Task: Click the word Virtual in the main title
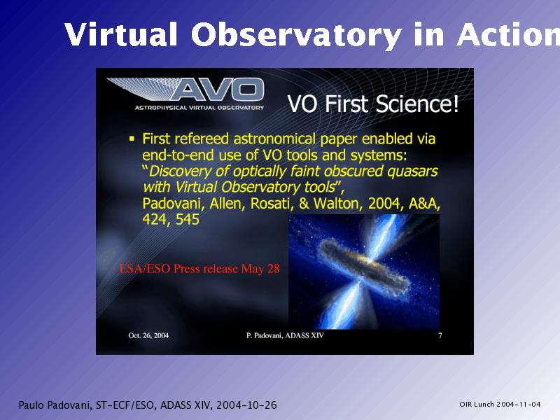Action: (121, 34)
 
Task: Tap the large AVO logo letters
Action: (218, 90)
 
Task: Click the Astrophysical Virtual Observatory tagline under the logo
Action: (199, 108)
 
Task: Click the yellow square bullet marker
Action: (132, 139)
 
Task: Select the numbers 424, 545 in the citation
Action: (171, 220)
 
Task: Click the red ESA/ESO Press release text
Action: (199, 269)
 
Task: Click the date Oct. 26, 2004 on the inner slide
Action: (148, 335)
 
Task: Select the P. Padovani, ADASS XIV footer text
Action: (285, 335)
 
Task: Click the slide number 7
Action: (440, 335)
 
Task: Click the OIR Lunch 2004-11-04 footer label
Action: (500, 405)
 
